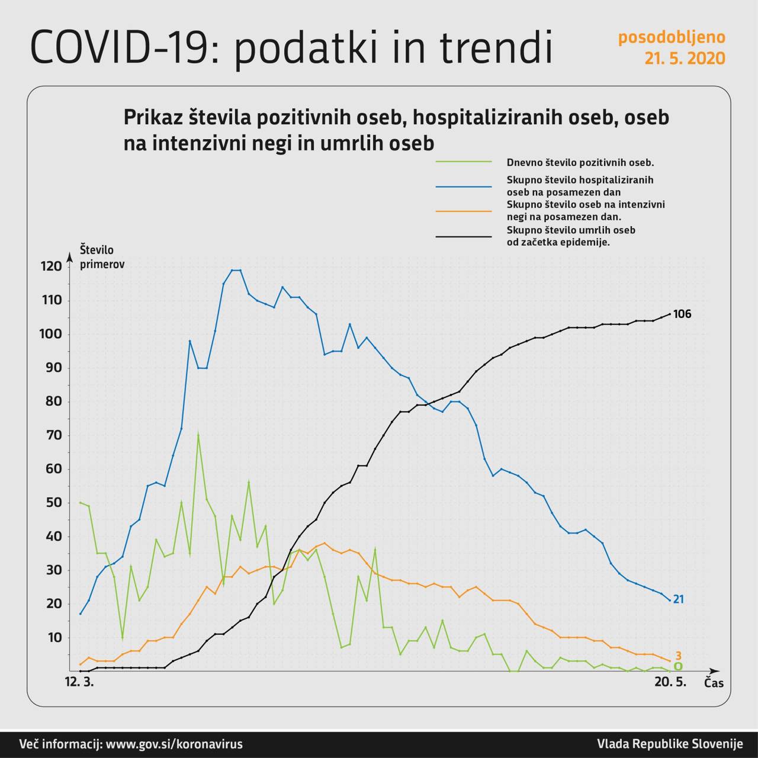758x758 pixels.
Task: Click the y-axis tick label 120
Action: pyautogui.click(x=52, y=266)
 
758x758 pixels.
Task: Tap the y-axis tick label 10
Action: pyautogui.click(x=54, y=638)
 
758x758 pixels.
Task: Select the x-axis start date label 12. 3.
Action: pyautogui.click(x=79, y=682)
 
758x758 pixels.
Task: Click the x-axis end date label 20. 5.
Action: pyautogui.click(x=670, y=682)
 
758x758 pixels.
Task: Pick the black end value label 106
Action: pyautogui.click(x=682, y=314)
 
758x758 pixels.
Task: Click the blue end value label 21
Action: pyautogui.click(x=678, y=599)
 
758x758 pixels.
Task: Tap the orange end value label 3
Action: pyautogui.click(x=679, y=656)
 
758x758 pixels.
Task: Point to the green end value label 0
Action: pyautogui.click(x=678, y=666)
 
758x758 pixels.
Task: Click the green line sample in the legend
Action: pyautogui.click(x=464, y=162)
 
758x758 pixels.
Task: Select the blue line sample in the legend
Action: pyautogui.click(x=464, y=186)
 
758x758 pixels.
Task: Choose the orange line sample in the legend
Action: pyautogui.click(x=464, y=211)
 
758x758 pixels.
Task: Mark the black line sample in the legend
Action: pyautogui.click(x=464, y=236)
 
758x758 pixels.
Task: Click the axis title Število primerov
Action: pyautogui.click(x=101, y=257)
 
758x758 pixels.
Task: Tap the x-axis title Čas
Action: pyautogui.click(x=714, y=683)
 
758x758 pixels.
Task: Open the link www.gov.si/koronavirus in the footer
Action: pyautogui.click(x=174, y=744)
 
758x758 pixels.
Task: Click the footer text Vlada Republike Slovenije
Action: pyautogui.click(x=669, y=744)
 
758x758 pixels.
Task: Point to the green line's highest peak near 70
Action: pyautogui.click(x=198, y=435)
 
